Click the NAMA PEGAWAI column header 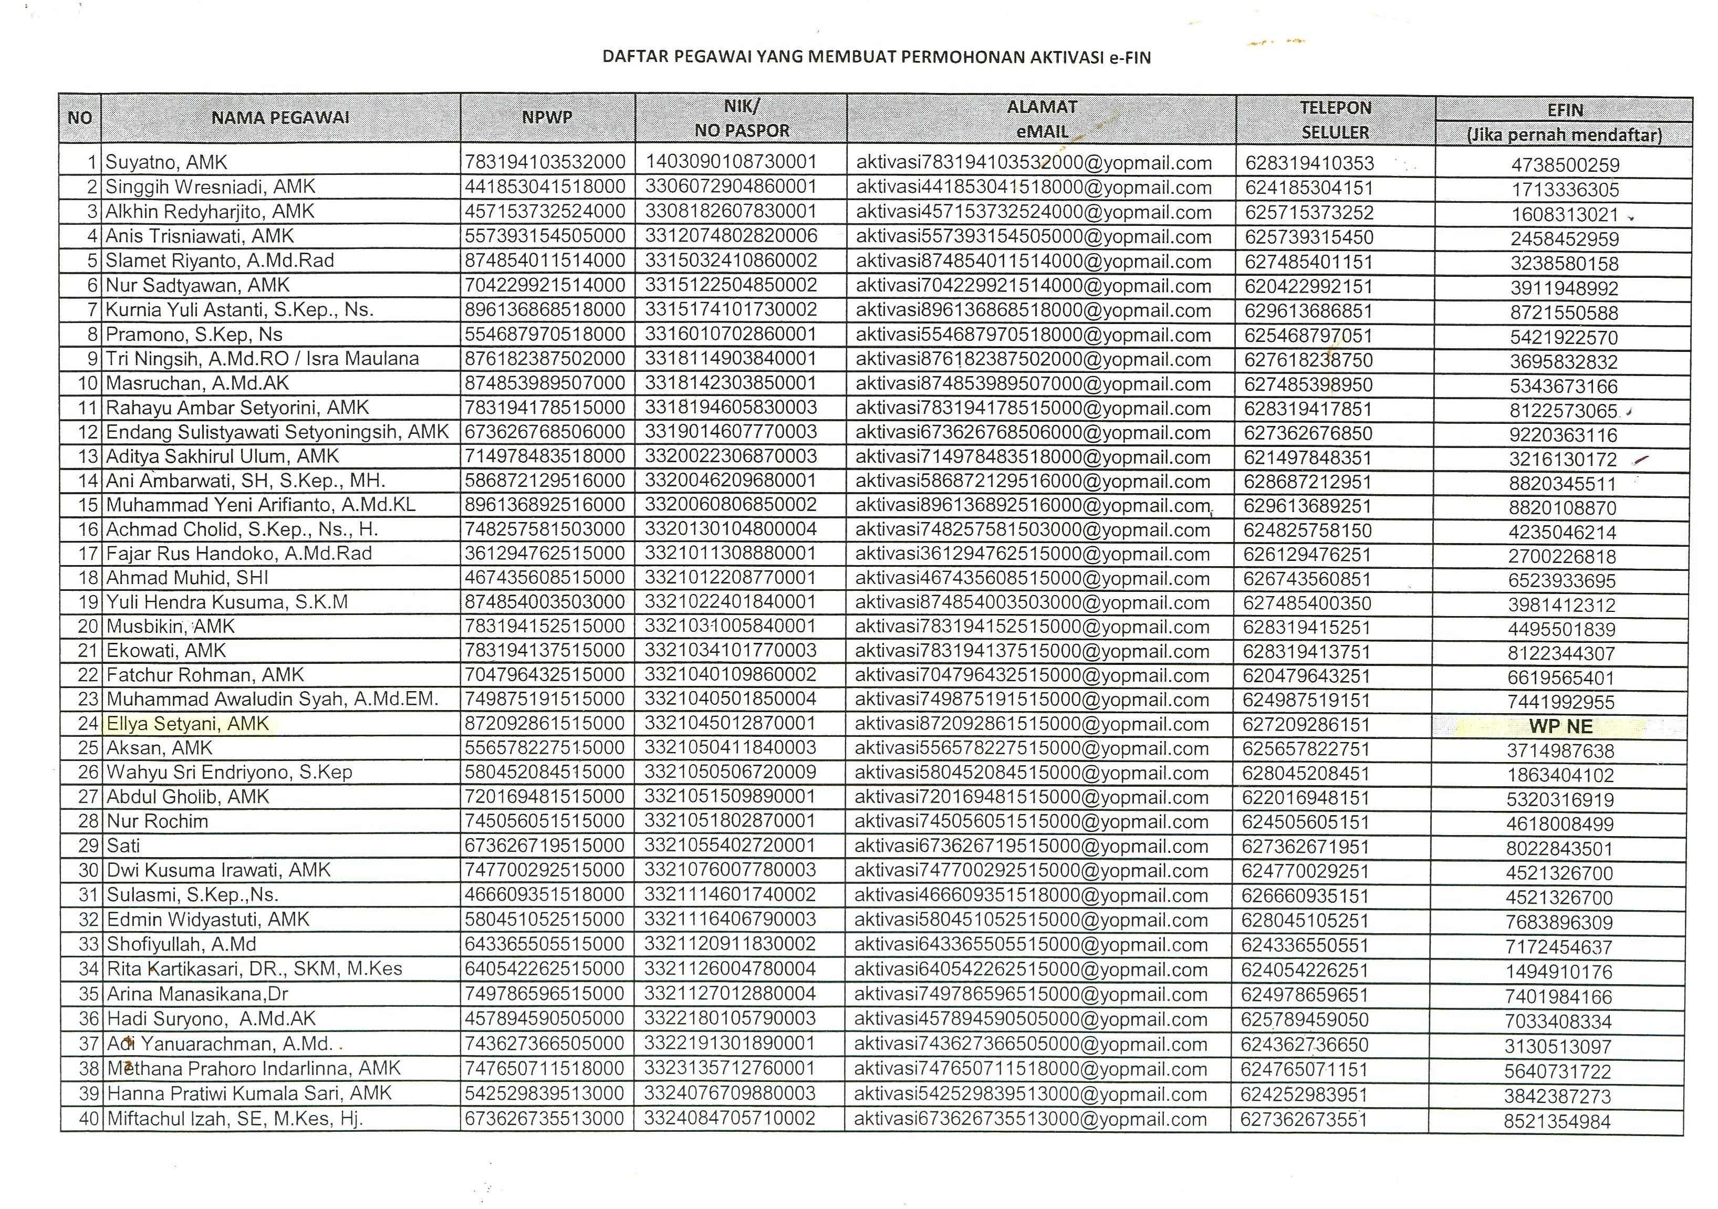pos(280,118)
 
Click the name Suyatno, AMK pos(166,162)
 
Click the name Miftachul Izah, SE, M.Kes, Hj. pos(235,1119)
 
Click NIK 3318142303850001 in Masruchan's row pos(730,383)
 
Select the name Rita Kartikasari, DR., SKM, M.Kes pos(254,970)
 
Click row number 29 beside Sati pos(88,846)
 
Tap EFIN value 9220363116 pos(1563,435)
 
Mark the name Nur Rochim pos(157,821)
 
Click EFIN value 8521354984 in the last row pos(1557,1121)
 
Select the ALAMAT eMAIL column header pos(1042,119)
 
